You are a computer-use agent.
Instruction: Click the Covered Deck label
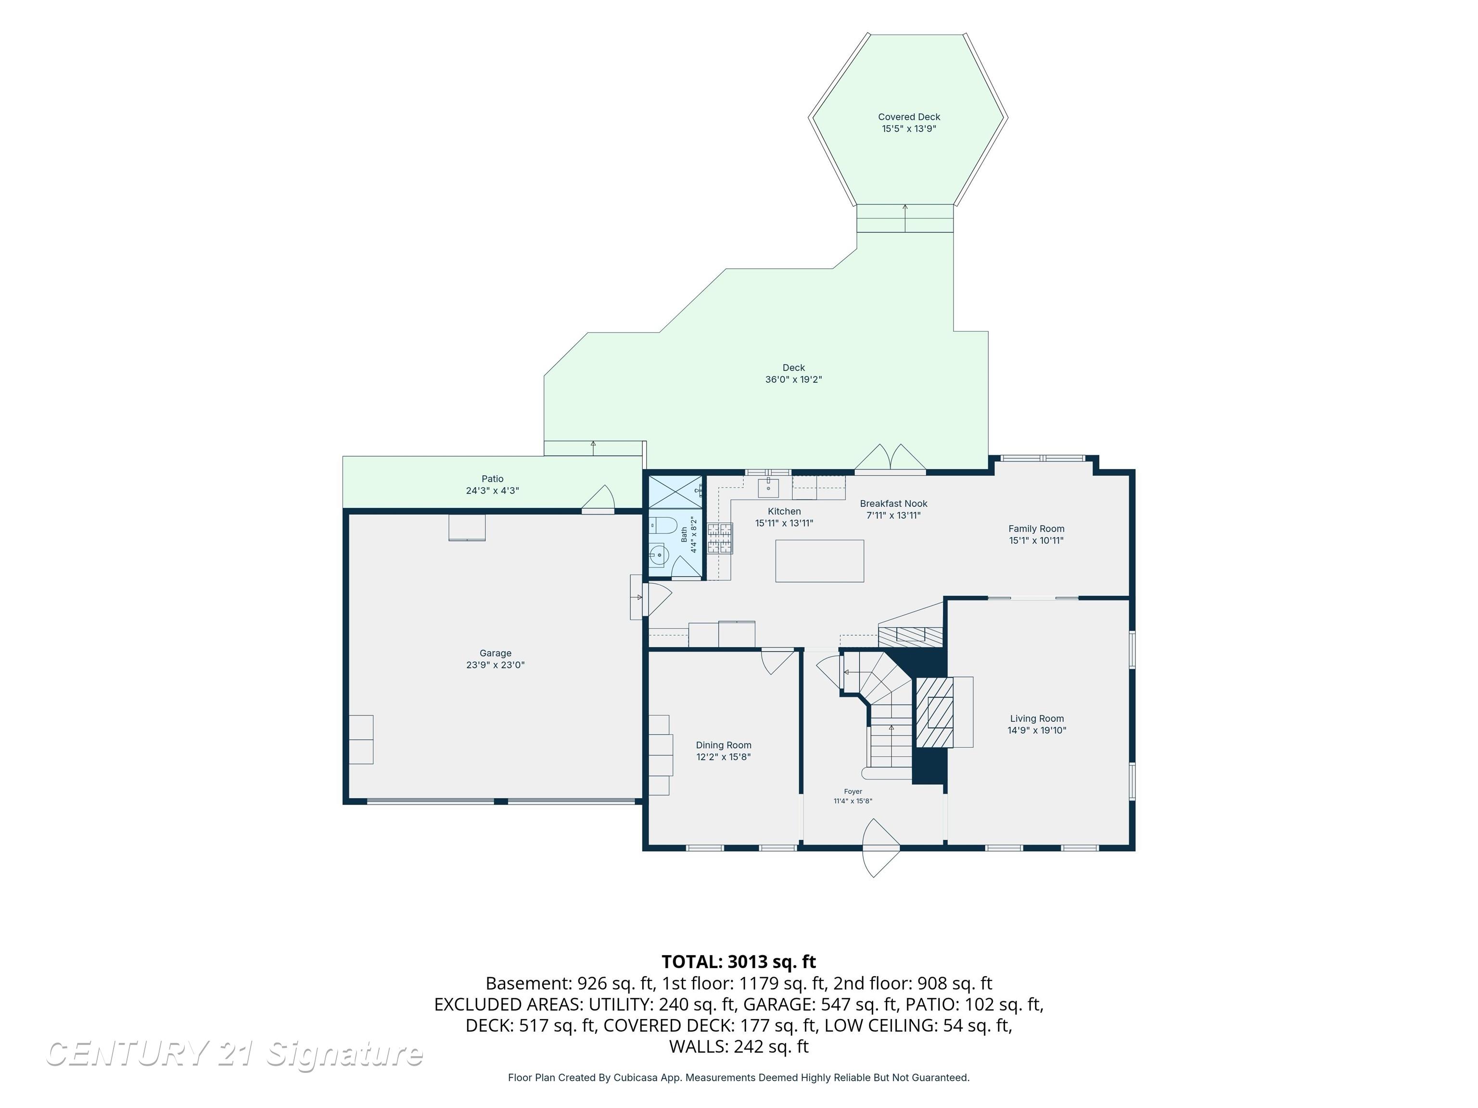(x=909, y=117)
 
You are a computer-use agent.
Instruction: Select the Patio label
(x=493, y=479)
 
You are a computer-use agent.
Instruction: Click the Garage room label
(x=495, y=653)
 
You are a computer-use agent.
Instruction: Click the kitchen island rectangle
(x=819, y=561)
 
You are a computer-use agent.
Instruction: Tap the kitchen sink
(x=768, y=488)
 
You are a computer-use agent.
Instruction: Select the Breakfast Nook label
(x=893, y=504)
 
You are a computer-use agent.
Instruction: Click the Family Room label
(x=1036, y=529)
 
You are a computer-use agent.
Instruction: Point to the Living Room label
(x=1037, y=718)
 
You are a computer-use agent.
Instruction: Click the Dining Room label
(x=724, y=745)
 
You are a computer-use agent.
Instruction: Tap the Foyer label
(x=853, y=792)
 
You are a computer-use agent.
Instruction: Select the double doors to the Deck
(x=890, y=459)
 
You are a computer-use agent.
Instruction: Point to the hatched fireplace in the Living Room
(x=934, y=712)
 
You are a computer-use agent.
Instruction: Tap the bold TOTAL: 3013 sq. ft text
(x=739, y=962)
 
